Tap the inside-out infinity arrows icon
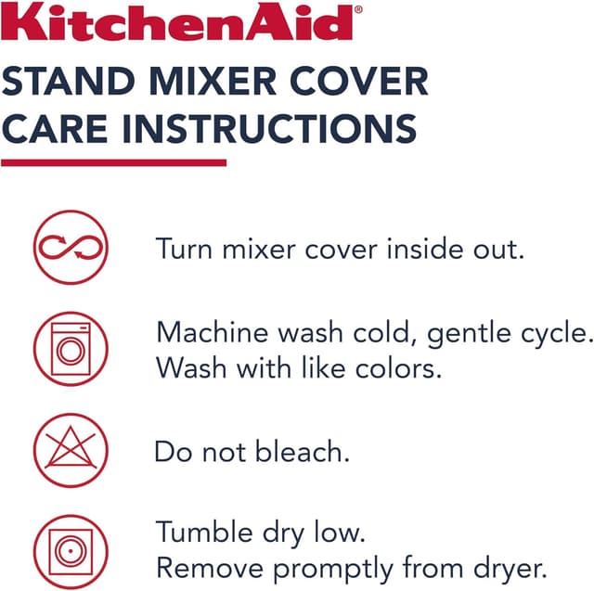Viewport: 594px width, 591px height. [x=71, y=247]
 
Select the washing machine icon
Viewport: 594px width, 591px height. [x=71, y=349]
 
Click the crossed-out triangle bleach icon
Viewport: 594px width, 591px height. [x=71, y=451]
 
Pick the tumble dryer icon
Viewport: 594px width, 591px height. [x=71, y=550]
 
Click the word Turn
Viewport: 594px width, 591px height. [x=185, y=249]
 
